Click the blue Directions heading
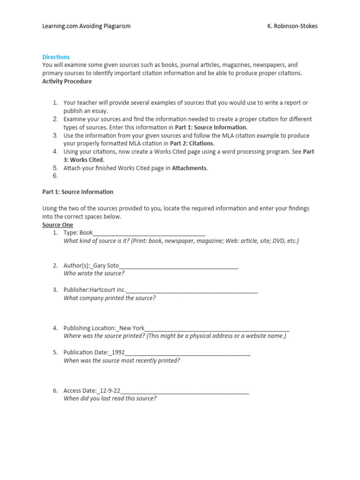tap(56, 57)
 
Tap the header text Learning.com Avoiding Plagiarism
tap(86, 26)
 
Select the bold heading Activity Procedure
tap(67, 82)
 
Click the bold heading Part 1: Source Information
tap(78, 192)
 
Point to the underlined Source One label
tap(58, 225)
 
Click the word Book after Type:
tap(86, 232)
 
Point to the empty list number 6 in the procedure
tap(55, 176)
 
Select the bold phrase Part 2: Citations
tap(192, 143)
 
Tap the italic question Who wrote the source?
tap(94, 273)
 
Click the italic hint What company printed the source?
tap(109, 298)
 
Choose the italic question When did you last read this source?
tap(110, 398)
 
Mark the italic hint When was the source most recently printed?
tap(121, 360)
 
